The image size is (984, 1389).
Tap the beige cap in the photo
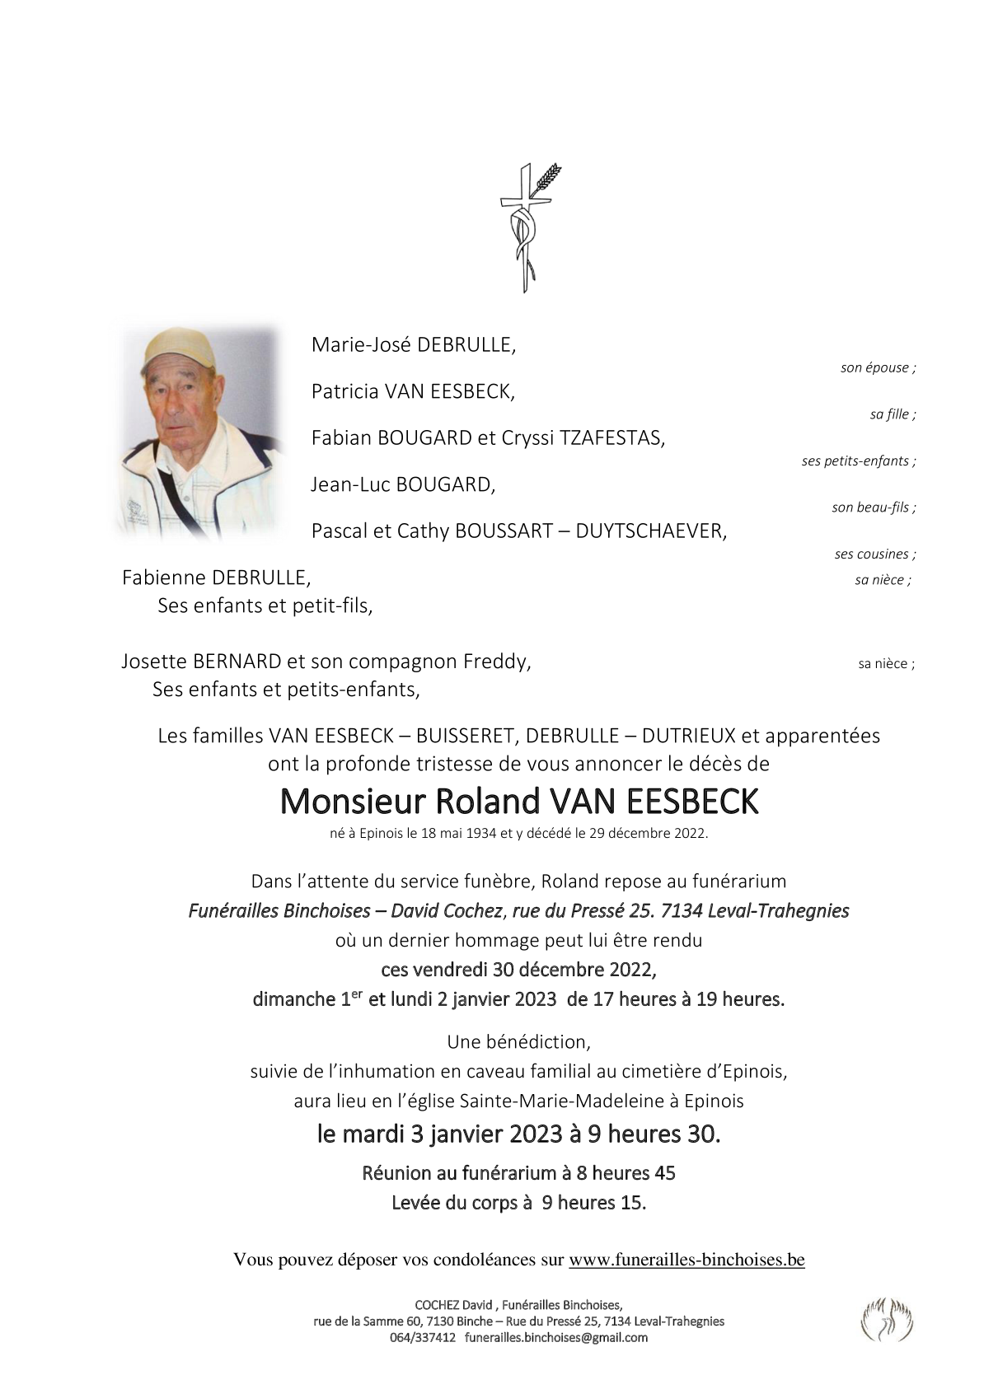click(x=177, y=347)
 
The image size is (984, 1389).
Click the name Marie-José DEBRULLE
click(x=413, y=345)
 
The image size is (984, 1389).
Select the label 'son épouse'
click(x=877, y=368)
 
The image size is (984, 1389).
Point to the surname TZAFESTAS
click(x=611, y=438)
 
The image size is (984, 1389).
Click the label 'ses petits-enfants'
click(x=857, y=461)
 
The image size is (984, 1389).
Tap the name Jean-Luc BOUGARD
click(x=403, y=484)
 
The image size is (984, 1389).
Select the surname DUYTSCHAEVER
click(x=651, y=531)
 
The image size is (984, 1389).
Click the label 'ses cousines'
click(x=874, y=554)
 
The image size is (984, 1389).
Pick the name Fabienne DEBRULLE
click(x=216, y=578)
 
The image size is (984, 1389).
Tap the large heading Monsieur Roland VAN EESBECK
click(x=519, y=802)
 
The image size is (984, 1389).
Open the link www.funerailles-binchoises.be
click(x=686, y=1260)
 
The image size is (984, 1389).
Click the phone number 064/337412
click(x=423, y=1338)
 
